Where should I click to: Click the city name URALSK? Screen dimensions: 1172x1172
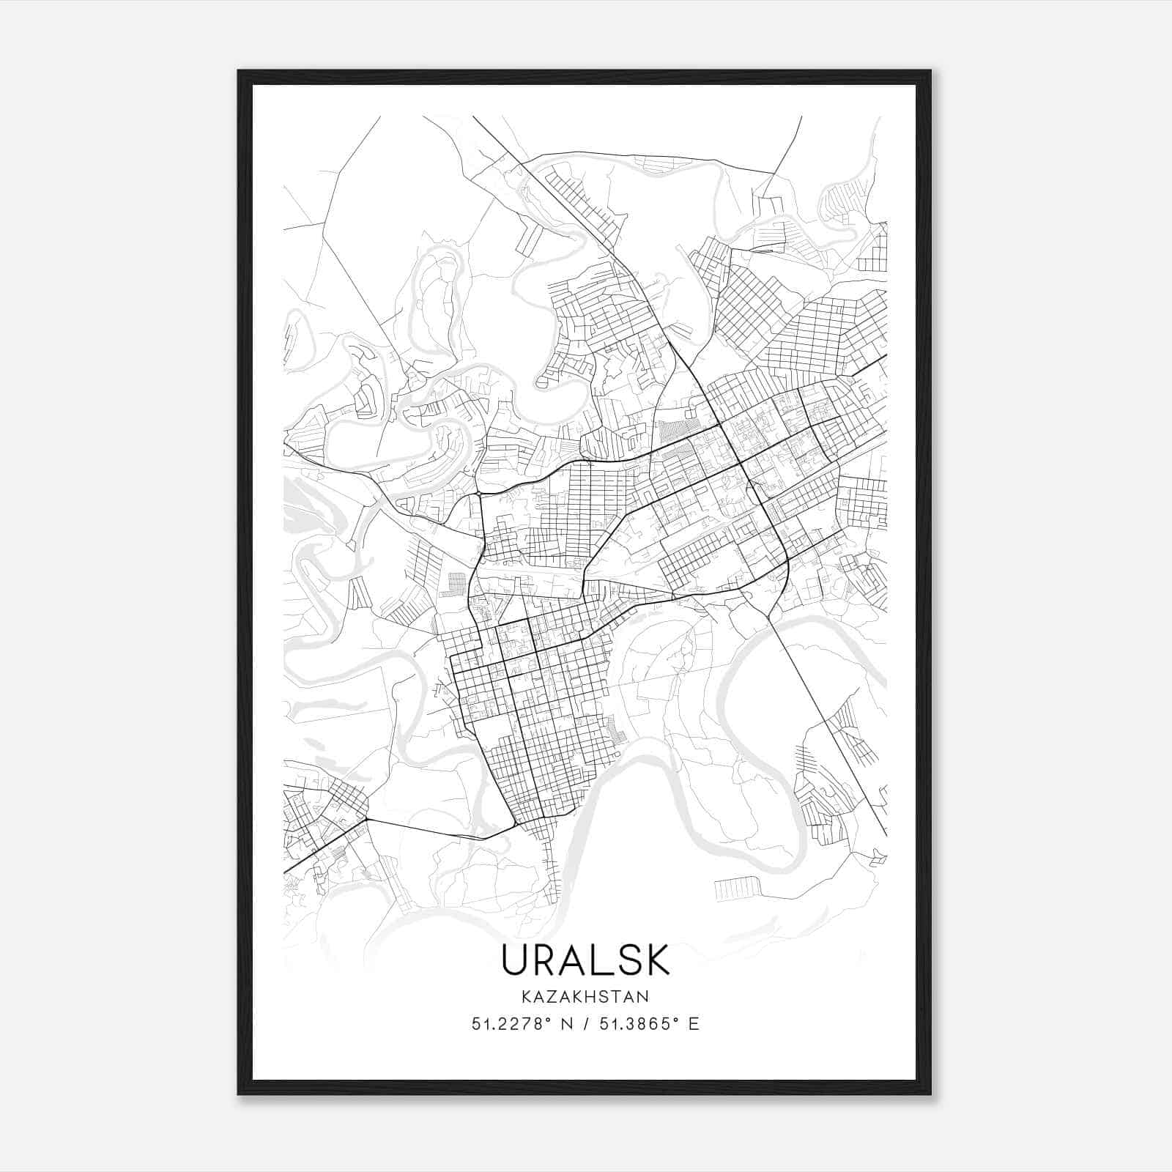point(585,960)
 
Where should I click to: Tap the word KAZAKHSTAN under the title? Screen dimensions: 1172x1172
point(585,996)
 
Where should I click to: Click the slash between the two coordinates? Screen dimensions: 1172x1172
point(585,1024)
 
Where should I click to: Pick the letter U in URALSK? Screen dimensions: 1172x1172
point(516,960)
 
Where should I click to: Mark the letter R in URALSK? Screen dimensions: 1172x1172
point(546,960)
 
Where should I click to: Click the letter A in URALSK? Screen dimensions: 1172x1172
point(575,960)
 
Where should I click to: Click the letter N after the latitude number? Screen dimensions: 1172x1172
point(566,1024)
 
